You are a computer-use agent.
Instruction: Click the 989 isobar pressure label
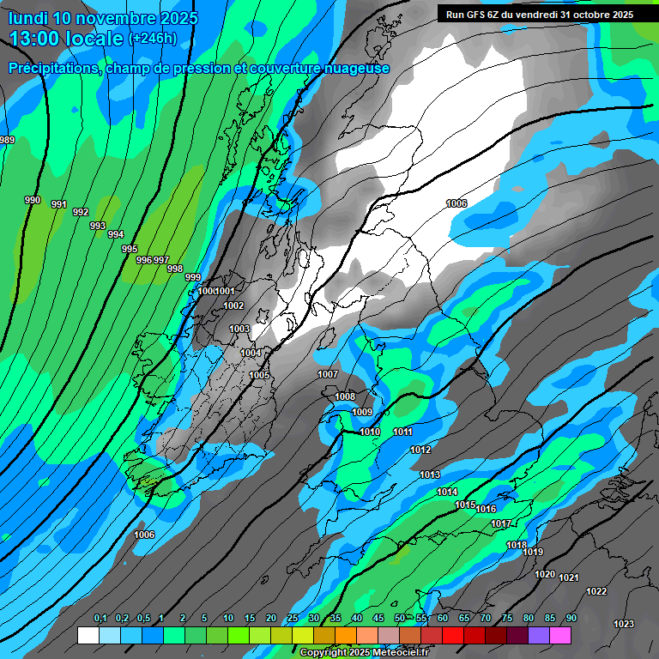[7, 140]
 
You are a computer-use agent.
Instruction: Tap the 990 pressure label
[33, 200]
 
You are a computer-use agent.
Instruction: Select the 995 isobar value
[130, 249]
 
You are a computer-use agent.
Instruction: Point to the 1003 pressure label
[239, 329]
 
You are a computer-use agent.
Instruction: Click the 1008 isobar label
[345, 396]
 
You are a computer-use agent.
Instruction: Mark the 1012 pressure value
[420, 450]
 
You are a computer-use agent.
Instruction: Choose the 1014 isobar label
[447, 492]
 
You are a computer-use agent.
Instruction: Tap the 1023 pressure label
[624, 624]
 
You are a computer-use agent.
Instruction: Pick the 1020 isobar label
[545, 574]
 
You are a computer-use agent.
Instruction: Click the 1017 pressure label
[501, 523]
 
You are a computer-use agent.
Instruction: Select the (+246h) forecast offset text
[152, 39]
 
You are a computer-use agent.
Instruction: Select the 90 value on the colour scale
[571, 618]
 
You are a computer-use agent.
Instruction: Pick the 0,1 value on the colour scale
[100, 618]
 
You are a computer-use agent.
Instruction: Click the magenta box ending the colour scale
[560, 635]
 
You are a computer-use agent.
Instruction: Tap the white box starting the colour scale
[88, 635]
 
